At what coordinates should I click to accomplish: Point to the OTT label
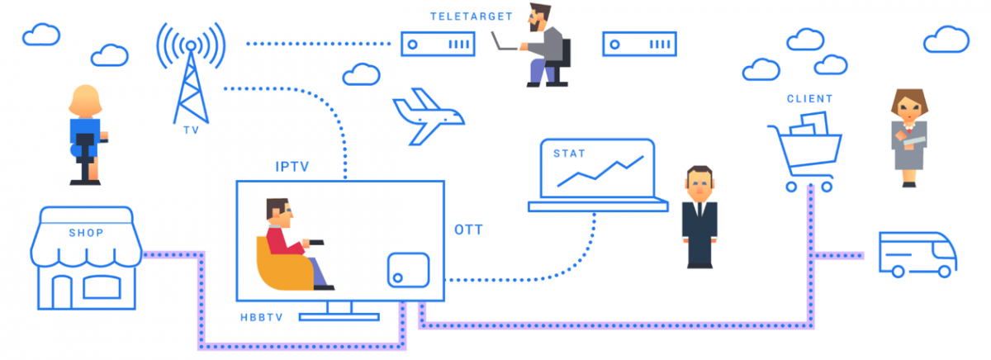468,229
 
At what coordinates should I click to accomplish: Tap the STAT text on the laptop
557,152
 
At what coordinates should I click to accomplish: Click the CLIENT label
809,99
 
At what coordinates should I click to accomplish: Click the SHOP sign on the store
86,233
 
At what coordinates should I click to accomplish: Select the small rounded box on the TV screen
408,269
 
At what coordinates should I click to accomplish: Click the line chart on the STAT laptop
598,168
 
